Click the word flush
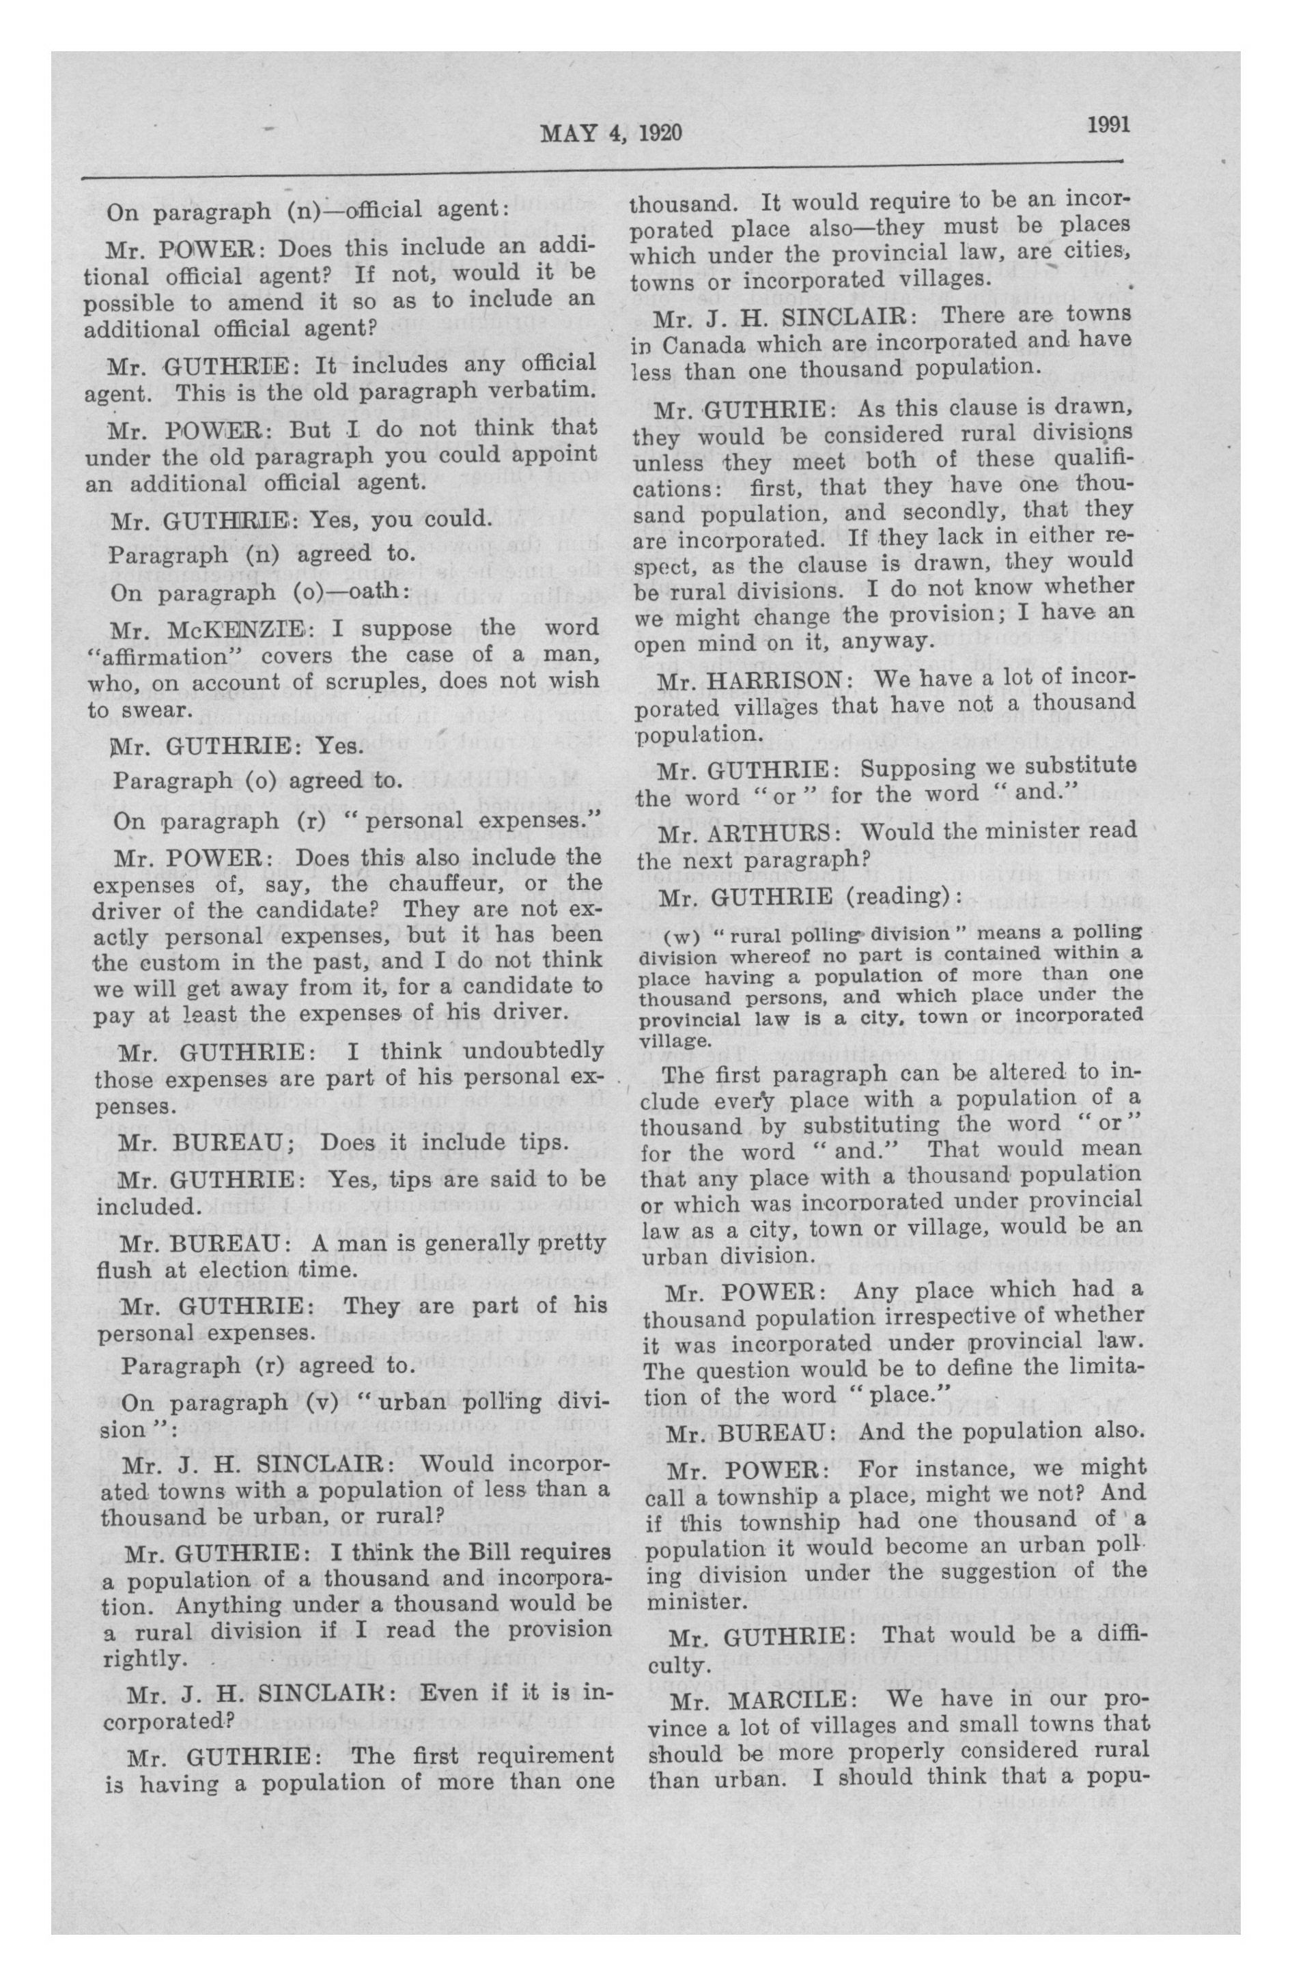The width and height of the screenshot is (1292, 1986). (x=125, y=1272)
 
